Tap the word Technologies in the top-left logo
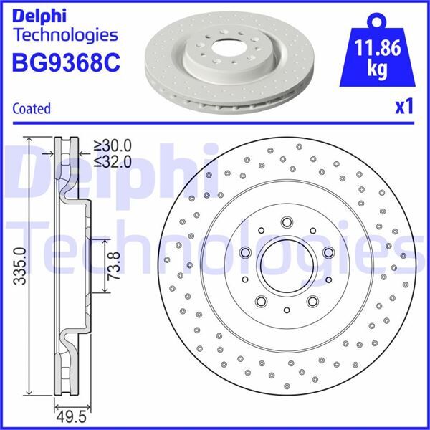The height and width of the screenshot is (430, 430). point(65,34)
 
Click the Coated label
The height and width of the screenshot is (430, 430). point(32,108)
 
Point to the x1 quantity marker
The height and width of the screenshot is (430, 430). point(405,107)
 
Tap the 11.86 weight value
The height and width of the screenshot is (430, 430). point(378,50)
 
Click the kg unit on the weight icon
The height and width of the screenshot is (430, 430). point(378,70)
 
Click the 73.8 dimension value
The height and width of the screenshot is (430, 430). point(114,267)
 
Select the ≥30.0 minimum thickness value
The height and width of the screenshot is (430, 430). point(115,145)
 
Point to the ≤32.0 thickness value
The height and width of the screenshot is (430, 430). point(115,161)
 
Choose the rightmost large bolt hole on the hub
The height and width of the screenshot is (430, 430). point(328,252)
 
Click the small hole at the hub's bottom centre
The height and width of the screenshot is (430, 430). point(287,310)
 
